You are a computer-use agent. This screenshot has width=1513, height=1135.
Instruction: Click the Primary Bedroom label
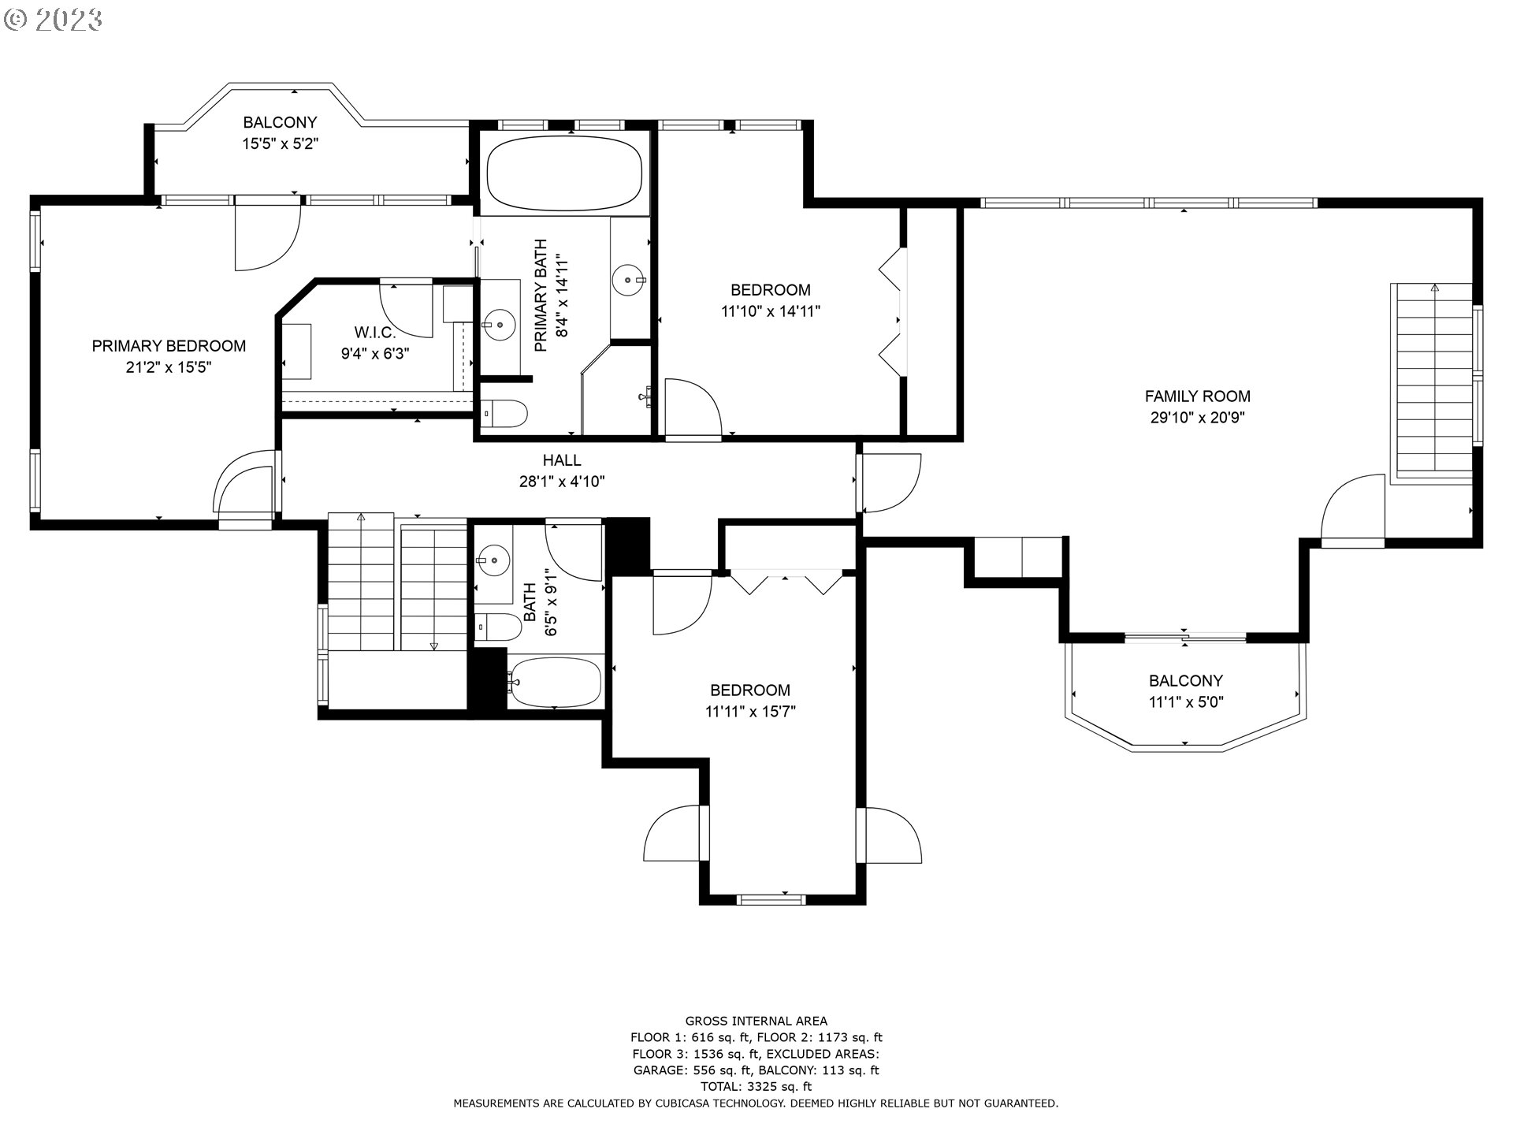(x=169, y=346)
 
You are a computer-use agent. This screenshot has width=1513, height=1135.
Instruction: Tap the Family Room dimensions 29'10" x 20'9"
(x=1197, y=418)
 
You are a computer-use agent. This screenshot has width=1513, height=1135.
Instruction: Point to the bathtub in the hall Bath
(x=555, y=682)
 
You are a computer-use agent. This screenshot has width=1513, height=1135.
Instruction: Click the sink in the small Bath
(x=494, y=560)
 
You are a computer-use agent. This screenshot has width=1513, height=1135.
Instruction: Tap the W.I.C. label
(x=374, y=333)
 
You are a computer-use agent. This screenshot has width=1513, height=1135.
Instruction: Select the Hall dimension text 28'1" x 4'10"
(x=562, y=482)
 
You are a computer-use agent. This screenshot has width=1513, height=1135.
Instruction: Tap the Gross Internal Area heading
(x=756, y=1021)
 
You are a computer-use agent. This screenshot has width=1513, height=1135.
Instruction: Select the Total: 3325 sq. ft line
(x=756, y=1087)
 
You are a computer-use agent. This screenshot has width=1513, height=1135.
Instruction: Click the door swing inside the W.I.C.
(x=406, y=308)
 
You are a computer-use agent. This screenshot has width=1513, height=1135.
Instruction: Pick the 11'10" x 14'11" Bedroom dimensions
(x=771, y=311)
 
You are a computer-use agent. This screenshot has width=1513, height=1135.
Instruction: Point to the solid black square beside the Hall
(x=627, y=545)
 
